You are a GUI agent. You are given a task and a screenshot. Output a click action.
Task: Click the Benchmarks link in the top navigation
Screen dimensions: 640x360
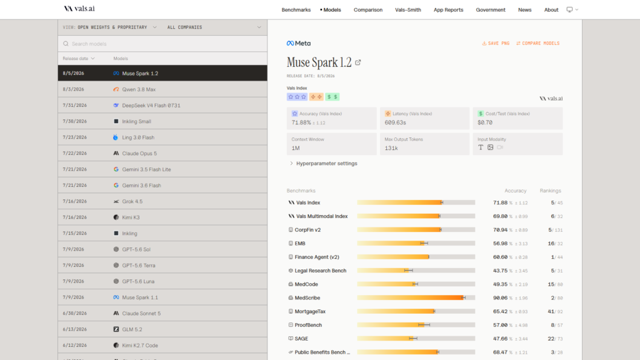296,10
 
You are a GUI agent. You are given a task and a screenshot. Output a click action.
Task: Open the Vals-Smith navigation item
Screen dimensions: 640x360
407,10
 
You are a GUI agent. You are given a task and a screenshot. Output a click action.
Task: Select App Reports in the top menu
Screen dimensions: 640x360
448,10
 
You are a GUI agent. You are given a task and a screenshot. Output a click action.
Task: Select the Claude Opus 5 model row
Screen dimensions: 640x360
162,154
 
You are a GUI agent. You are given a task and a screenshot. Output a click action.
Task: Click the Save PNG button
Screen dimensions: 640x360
496,43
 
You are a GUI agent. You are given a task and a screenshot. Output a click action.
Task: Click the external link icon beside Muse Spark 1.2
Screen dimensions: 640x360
358,62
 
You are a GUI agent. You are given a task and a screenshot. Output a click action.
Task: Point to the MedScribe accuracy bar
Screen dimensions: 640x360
416,298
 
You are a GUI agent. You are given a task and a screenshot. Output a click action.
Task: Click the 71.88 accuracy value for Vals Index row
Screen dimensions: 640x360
500,202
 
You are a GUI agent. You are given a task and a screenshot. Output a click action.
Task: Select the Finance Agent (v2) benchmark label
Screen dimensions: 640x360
317,257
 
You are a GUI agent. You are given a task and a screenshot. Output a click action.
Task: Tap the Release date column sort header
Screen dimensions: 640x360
79,58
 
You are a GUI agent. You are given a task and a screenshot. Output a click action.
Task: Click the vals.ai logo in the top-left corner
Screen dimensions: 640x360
79,9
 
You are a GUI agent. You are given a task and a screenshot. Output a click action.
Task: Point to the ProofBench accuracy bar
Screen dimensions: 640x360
416,325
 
